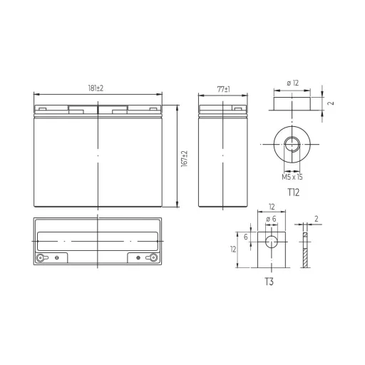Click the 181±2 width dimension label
tap(96, 88)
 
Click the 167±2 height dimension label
tap(184, 159)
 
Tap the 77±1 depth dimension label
tap(223, 89)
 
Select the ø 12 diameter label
tap(292, 83)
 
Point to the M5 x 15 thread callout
tap(292, 177)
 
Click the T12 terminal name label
tap(294, 192)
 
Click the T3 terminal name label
tap(269, 282)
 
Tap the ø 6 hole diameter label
tap(271, 219)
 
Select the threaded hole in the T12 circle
tap(292, 144)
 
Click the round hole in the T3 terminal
tap(272, 242)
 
